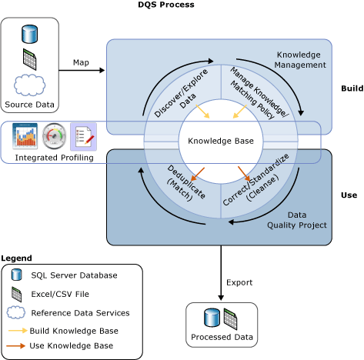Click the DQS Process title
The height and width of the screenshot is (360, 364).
[x=165, y=5]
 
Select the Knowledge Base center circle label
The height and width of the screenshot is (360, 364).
[x=221, y=141]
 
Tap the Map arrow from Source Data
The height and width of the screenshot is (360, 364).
[x=82, y=70]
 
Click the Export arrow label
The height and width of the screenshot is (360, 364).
[x=239, y=283]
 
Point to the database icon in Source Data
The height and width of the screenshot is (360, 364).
[x=30, y=34]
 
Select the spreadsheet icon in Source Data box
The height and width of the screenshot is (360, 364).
[x=30, y=58]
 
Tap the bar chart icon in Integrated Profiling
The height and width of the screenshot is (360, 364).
[x=26, y=136]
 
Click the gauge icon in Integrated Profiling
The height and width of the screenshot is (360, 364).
[x=55, y=136]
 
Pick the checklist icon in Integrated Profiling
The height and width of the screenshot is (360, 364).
[x=83, y=136]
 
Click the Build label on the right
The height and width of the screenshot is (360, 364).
[x=352, y=89]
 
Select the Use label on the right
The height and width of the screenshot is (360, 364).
[x=349, y=195]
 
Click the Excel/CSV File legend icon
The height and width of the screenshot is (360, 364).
[x=16, y=294]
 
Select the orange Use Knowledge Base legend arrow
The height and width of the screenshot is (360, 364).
[x=15, y=346]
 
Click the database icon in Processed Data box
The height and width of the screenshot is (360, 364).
[x=210, y=317]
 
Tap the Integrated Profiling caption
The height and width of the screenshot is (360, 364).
[x=55, y=158]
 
